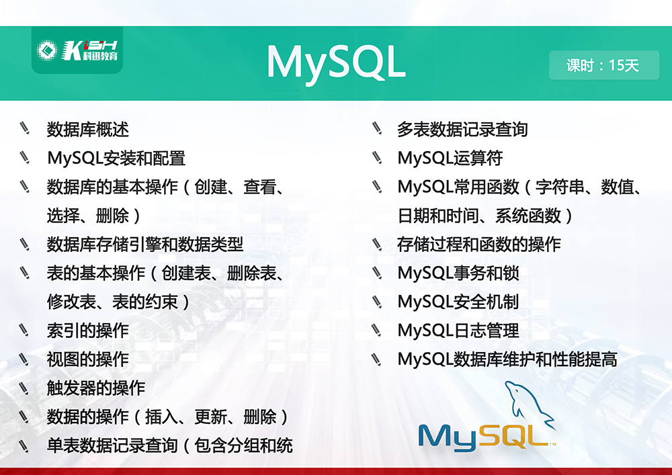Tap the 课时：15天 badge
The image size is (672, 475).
click(x=604, y=65)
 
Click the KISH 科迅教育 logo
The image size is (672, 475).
click(x=77, y=50)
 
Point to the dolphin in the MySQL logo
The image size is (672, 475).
click(x=530, y=404)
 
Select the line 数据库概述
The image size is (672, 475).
click(x=88, y=130)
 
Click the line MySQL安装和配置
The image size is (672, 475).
click(x=116, y=158)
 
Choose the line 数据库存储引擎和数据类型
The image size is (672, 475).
click(x=145, y=244)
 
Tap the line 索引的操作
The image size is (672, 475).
click(x=88, y=331)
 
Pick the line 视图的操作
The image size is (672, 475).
click(x=88, y=359)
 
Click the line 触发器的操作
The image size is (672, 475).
click(x=96, y=388)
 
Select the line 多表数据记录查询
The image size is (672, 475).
click(x=462, y=130)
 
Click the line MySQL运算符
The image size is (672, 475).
click(x=450, y=158)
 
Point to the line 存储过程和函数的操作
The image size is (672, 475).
click(x=478, y=244)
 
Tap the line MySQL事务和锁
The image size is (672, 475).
click(x=458, y=273)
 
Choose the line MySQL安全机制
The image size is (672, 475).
click(x=458, y=302)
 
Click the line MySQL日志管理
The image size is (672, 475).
click(x=458, y=331)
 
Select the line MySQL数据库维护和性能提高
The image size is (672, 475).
click(x=507, y=359)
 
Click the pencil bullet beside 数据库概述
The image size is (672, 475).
click(x=24, y=128)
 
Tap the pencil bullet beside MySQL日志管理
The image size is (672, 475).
click(x=376, y=329)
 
